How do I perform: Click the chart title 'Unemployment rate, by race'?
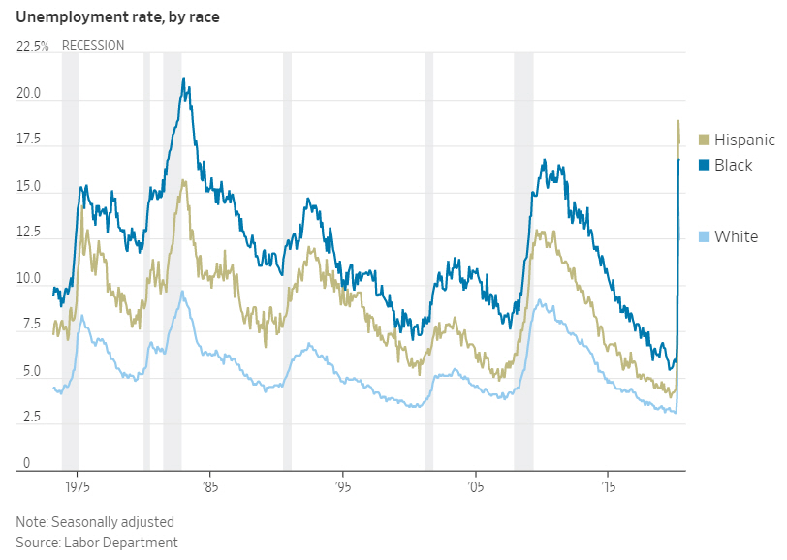[x=117, y=16]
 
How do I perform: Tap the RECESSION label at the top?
[x=93, y=46]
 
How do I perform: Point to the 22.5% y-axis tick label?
[x=33, y=47]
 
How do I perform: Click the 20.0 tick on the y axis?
[x=28, y=95]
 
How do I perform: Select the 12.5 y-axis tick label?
[x=28, y=233]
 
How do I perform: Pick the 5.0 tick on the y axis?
[x=28, y=372]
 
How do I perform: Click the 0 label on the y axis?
[x=25, y=464]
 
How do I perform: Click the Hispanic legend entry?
[x=744, y=140]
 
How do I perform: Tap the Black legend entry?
[x=733, y=166]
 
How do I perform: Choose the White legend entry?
[x=736, y=237]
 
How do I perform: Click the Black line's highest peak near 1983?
[x=184, y=78]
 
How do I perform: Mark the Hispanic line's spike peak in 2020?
[x=678, y=121]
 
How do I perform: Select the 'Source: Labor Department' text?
[x=96, y=543]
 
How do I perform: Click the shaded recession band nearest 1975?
[x=70, y=262]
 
